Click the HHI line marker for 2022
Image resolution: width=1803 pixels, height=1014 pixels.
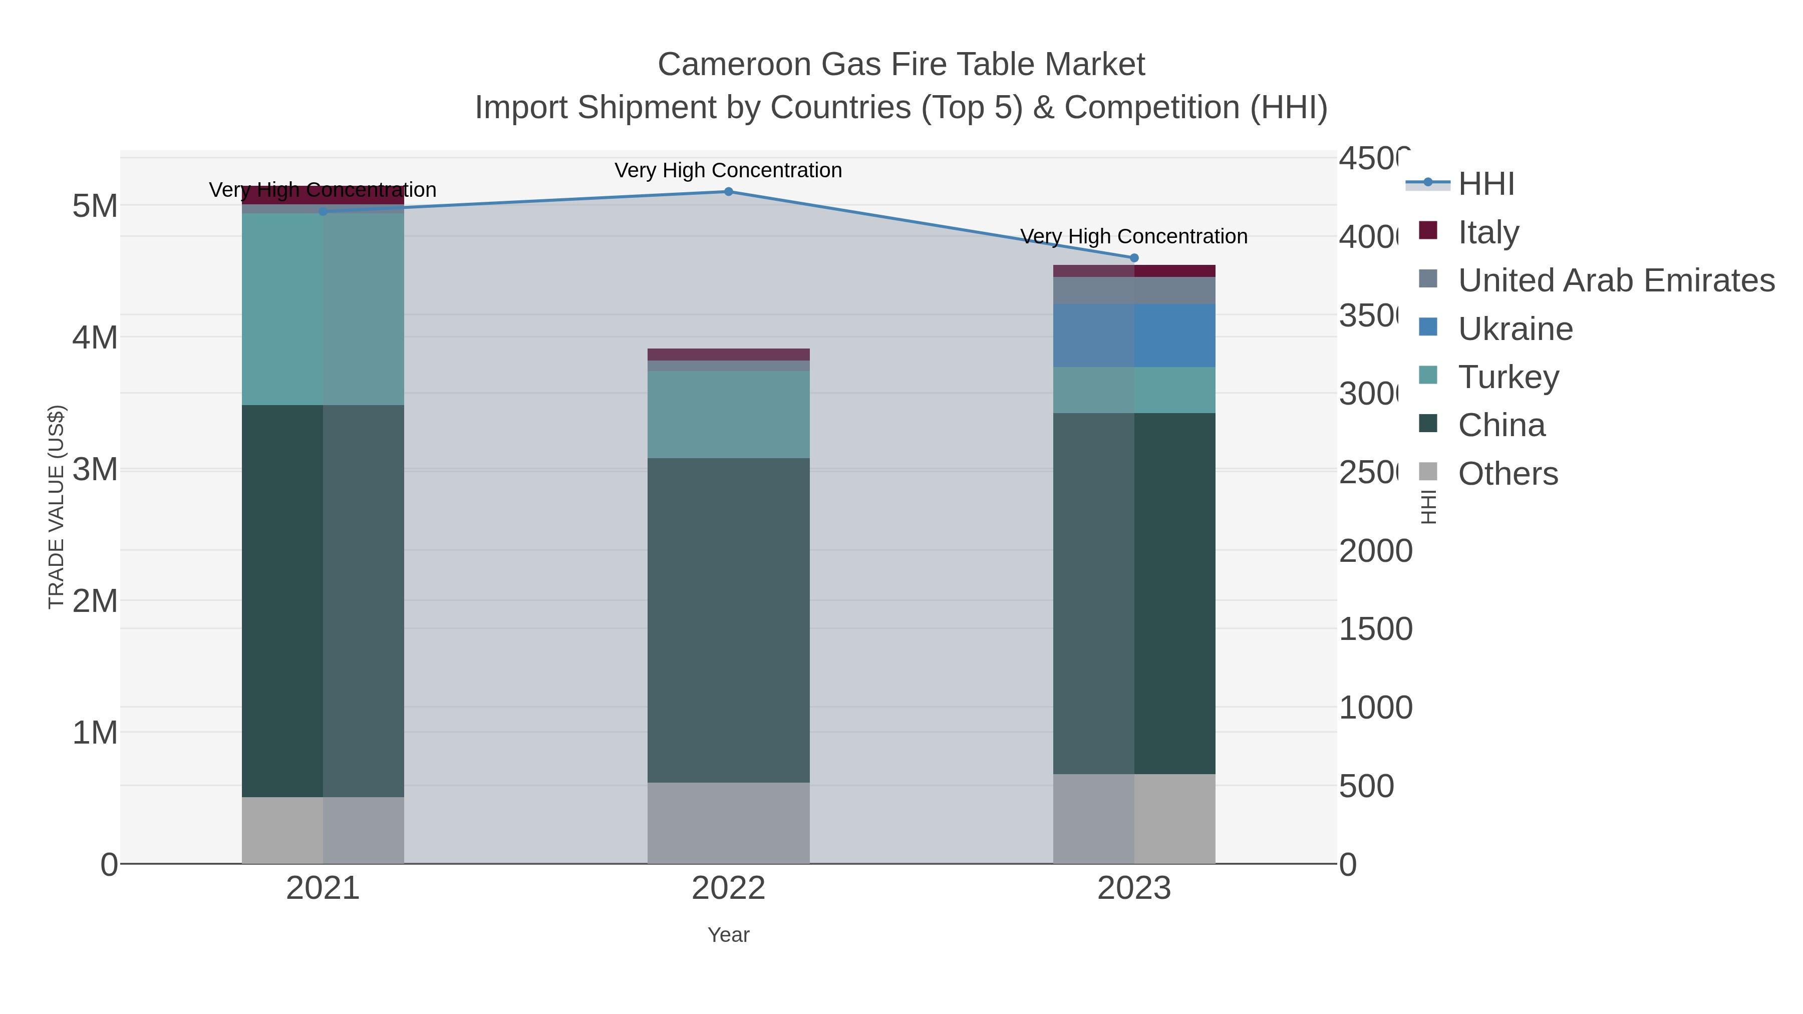point(728,191)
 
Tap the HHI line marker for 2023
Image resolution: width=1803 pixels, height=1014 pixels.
point(1134,257)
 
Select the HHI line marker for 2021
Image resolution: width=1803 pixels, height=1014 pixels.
point(323,211)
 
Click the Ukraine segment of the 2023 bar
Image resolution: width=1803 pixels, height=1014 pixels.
point(1134,335)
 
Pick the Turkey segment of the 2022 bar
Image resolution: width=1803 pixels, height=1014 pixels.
point(728,414)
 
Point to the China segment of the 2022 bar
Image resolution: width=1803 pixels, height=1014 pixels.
point(728,619)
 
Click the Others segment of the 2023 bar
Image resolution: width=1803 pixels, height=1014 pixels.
point(1134,818)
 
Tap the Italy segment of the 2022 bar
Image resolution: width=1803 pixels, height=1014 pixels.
point(728,354)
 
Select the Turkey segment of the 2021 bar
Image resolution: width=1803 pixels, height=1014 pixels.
point(323,308)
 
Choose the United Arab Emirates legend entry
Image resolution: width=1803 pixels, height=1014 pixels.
point(1615,280)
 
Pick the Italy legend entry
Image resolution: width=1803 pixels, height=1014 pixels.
point(1488,232)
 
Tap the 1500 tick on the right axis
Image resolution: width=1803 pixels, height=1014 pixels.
point(1375,629)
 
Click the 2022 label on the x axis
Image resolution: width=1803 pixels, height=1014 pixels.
point(728,888)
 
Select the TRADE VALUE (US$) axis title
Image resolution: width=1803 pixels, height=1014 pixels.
point(56,507)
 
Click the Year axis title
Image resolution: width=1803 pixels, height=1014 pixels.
point(728,935)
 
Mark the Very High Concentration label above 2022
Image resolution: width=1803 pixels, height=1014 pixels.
point(728,170)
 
